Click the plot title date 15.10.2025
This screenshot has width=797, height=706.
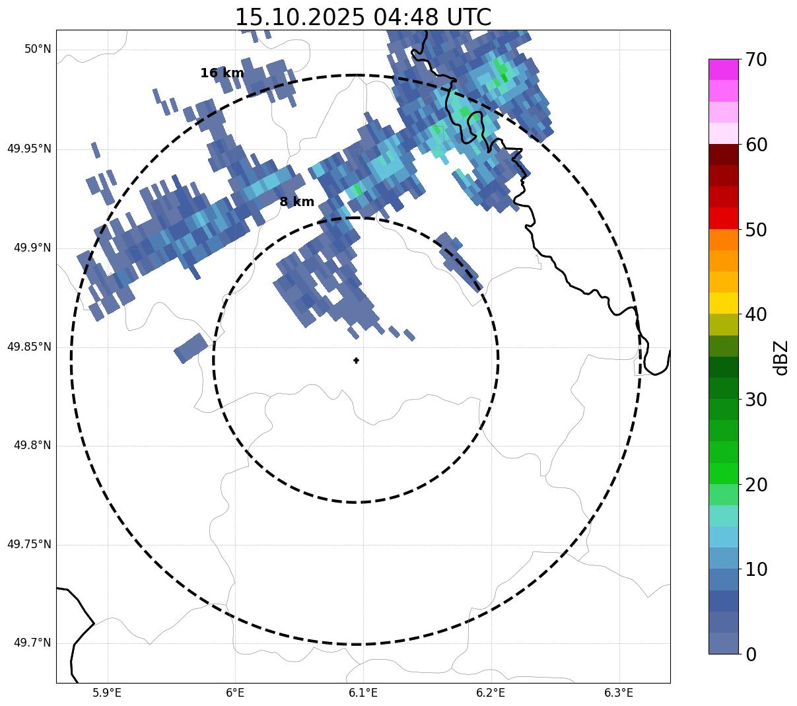click(x=300, y=17)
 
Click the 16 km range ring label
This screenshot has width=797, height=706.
click(x=222, y=73)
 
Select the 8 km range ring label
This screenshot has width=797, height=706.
click(x=297, y=202)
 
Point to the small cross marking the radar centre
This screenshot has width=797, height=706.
click(x=357, y=361)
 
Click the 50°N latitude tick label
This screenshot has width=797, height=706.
click(x=38, y=50)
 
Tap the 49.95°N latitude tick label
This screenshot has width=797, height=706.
click(x=29, y=149)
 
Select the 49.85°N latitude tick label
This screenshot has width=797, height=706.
click(x=29, y=347)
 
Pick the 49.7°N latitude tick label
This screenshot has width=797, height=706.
click(x=32, y=643)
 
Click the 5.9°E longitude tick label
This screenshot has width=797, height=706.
click(x=107, y=693)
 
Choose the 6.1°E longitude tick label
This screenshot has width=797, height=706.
click(x=363, y=693)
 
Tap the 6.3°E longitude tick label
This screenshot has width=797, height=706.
click(x=619, y=693)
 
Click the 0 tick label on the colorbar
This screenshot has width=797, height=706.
click(x=751, y=654)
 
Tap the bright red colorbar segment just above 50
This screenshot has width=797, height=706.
click(x=723, y=218)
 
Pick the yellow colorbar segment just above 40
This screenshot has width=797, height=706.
click(x=723, y=303)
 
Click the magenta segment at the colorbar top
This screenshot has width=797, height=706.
click(x=723, y=69)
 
